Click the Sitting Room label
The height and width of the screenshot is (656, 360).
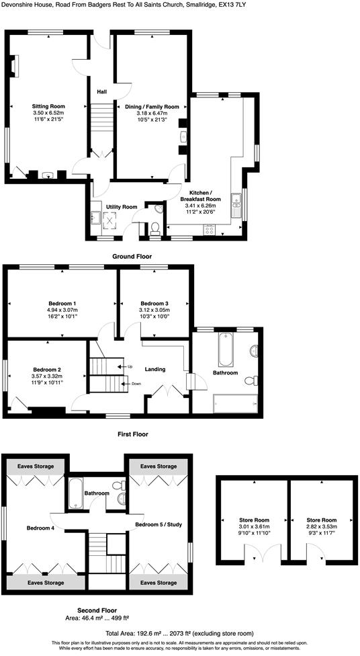(48, 106)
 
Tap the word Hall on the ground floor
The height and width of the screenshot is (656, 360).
(102, 91)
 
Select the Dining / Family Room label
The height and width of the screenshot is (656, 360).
(152, 106)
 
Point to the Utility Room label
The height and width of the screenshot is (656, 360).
(122, 206)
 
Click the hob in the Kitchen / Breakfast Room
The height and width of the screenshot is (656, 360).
(210, 230)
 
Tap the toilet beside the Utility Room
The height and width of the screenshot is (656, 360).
(155, 229)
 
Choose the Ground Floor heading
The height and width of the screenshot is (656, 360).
(132, 256)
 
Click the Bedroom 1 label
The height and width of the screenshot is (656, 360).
(62, 302)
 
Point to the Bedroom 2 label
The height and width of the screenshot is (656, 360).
(47, 369)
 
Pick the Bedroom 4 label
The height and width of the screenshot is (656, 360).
(40, 528)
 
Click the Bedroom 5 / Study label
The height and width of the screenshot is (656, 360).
(159, 524)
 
